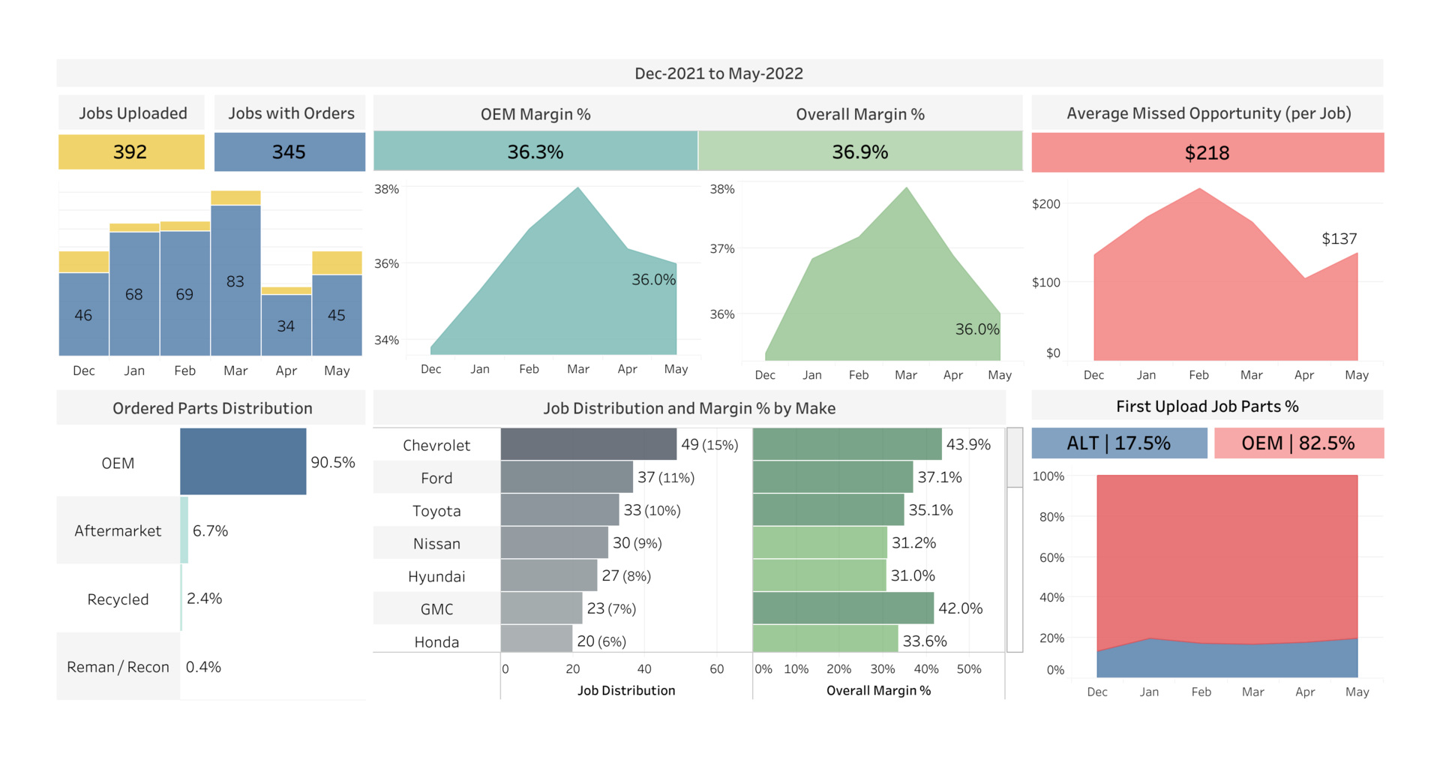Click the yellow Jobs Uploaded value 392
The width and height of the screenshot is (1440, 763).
coord(130,152)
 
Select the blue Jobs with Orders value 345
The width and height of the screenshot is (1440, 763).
coord(289,152)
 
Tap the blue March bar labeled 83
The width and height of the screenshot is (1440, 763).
coord(235,281)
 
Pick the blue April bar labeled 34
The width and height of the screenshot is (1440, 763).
coord(286,326)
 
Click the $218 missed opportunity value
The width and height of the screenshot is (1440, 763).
coord(1207,153)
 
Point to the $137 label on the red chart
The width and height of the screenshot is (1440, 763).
coord(1339,239)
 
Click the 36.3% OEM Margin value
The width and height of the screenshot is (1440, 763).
coord(535,152)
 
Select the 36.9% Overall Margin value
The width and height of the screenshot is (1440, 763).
coord(859,152)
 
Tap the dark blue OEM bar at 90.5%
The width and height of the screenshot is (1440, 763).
coord(243,461)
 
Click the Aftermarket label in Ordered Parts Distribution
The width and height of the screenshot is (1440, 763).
coord(118,531)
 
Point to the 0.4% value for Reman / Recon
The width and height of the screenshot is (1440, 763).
coord(203,667)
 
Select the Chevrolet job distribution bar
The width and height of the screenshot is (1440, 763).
coord(588,444)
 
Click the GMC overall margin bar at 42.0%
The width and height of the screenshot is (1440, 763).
coord(843,608)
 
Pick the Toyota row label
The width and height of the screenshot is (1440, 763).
coord(436,511)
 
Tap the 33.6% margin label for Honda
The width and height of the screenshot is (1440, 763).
coord(925,641)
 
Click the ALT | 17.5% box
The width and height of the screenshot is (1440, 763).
coord(1119,443)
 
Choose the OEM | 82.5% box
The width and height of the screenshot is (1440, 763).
coord(1298,443)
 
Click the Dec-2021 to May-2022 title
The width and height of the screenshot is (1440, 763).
coord(718,74)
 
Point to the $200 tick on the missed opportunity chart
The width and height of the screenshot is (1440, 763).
coord(1046,204)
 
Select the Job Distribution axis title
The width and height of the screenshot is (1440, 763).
coord(626,690)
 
